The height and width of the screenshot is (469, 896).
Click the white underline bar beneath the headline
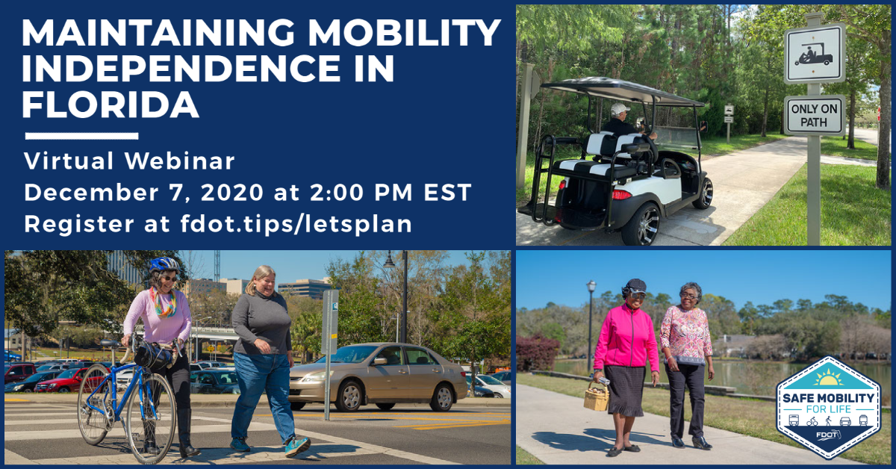click(x=81, y=136)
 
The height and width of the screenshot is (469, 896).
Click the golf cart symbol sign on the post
click(x=814, y=54)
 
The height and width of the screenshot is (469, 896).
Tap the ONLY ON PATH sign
click(x=814, y=115)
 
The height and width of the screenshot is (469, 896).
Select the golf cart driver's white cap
click(x=620, y=109)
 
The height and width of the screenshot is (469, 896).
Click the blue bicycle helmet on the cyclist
click(x=164, y=264)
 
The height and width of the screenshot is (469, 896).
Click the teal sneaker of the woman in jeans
click(x=297, y=445)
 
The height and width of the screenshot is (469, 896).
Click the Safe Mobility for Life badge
click(x=827, y=408)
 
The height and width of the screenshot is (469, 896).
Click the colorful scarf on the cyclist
click(x=165, y=302)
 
